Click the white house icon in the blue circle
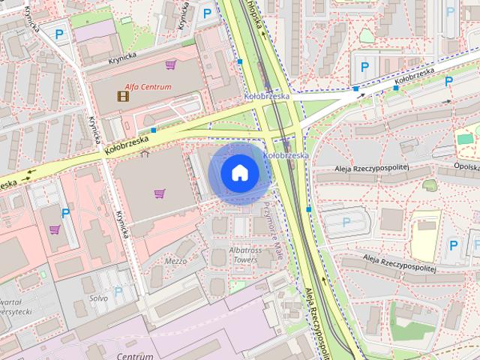[x=239, y=172]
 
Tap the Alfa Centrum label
[x=148, y=86]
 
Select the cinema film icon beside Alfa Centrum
[x=122, y=95]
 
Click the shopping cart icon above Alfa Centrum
[x=171, y=65]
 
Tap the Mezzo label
[x=175, y=261]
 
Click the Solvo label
[x=99, y=298]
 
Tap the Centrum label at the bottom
[x=135, y=355]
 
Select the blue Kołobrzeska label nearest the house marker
[x=286, y=155]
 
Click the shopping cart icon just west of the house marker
[x=159, y=193]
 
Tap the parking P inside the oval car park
[x=346, y=221]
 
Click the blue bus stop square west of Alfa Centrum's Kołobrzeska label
[x=154, y=130]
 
